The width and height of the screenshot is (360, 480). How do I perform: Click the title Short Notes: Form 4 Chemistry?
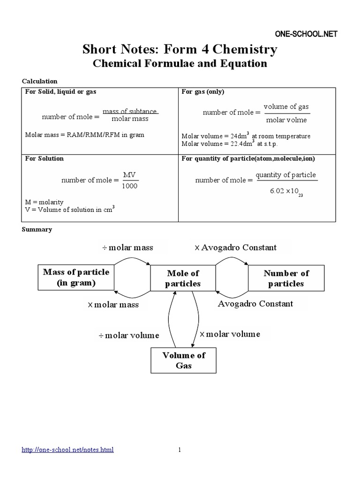pos(180,49)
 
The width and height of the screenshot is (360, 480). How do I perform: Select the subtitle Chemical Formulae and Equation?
pos(180,63)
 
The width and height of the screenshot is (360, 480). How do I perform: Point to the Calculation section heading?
pos(40,81)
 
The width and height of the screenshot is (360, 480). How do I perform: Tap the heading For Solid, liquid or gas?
pos(60,92)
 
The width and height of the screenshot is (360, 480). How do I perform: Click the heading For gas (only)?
pos(203,92)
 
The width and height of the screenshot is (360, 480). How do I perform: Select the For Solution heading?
pos(44,158)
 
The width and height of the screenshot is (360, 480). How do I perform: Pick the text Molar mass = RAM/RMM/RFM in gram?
pos(84,135)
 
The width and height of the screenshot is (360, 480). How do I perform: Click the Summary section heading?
pos(37,230)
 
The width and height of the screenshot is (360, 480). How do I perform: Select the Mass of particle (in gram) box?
pos(76,277)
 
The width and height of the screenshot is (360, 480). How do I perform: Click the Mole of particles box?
pos(183,278)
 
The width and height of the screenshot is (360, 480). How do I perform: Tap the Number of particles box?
pos(286,278)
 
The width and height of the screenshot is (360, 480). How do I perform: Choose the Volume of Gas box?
pos(184,360)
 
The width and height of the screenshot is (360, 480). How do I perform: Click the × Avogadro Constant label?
pos(235,247)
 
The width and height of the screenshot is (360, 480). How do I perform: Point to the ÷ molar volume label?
pos(129,335)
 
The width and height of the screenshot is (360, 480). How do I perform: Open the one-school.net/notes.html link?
pos(68,450)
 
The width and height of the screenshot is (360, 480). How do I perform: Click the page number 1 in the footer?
pos(180,450)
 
